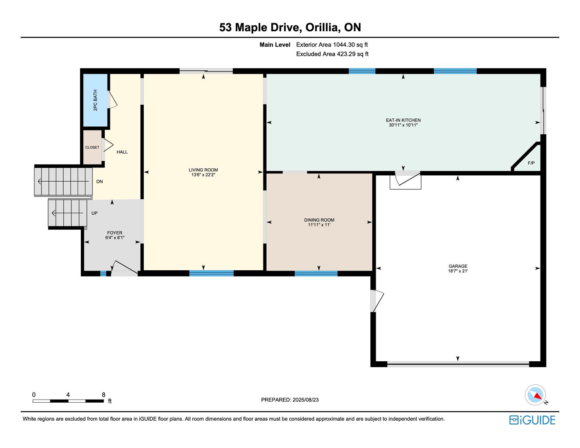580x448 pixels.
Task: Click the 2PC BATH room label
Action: pyautogui.click(x=95, y=100)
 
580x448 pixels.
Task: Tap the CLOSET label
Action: pyautogui.click(x=92, y=148)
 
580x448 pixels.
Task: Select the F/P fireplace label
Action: pyautogui.click(x=531, y=163)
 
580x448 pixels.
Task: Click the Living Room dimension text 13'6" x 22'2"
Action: pyautogui.click(x=203, y=175)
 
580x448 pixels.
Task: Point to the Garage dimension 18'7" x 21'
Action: pyautogui.click(x=458, y=271)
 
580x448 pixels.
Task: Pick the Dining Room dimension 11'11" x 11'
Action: pyautogui.click(x=319, y=225)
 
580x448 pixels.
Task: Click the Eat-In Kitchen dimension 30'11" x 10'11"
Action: pyautogui.click(x=403, y=125)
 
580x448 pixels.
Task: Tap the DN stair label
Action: pyautogui.click(x=100, y=182)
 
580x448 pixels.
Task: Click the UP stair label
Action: pyautogui.click(x=95, y=213)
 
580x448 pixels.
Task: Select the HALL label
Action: pyautogui.click(x=122, y=152)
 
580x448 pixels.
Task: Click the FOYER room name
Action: pyautogui.click(x=115, y=233)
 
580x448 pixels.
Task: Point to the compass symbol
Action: pyautogui.click(x=535, y=395)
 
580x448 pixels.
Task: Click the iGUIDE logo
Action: pyautogui.click(x=532, y=420)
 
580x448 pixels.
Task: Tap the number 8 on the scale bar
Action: pyautogui.click(x=104, y=394)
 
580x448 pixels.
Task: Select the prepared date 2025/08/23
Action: pyautogui.click(x=306, y=400)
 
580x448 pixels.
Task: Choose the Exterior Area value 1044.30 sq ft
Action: pyautogui.click(x=350, y=45)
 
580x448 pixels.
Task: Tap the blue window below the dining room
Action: pyautogui.click(x=316, y=273)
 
